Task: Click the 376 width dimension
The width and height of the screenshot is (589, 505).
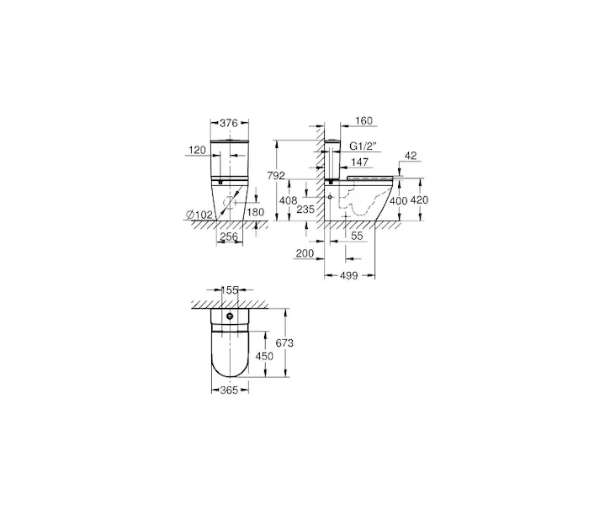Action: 229,123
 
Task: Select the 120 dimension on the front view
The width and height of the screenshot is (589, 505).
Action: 197,151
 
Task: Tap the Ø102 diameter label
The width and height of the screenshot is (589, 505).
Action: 199,215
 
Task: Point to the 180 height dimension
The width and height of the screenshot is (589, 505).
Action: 256,212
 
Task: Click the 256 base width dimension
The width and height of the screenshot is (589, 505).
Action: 229,237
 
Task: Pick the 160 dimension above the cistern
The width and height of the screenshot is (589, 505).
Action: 363,120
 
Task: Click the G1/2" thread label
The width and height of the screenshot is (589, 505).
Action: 363,146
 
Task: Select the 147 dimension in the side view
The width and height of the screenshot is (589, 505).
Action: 359,162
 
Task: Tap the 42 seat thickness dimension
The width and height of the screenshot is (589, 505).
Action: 411,156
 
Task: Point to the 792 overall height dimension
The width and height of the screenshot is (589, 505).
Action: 276,175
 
